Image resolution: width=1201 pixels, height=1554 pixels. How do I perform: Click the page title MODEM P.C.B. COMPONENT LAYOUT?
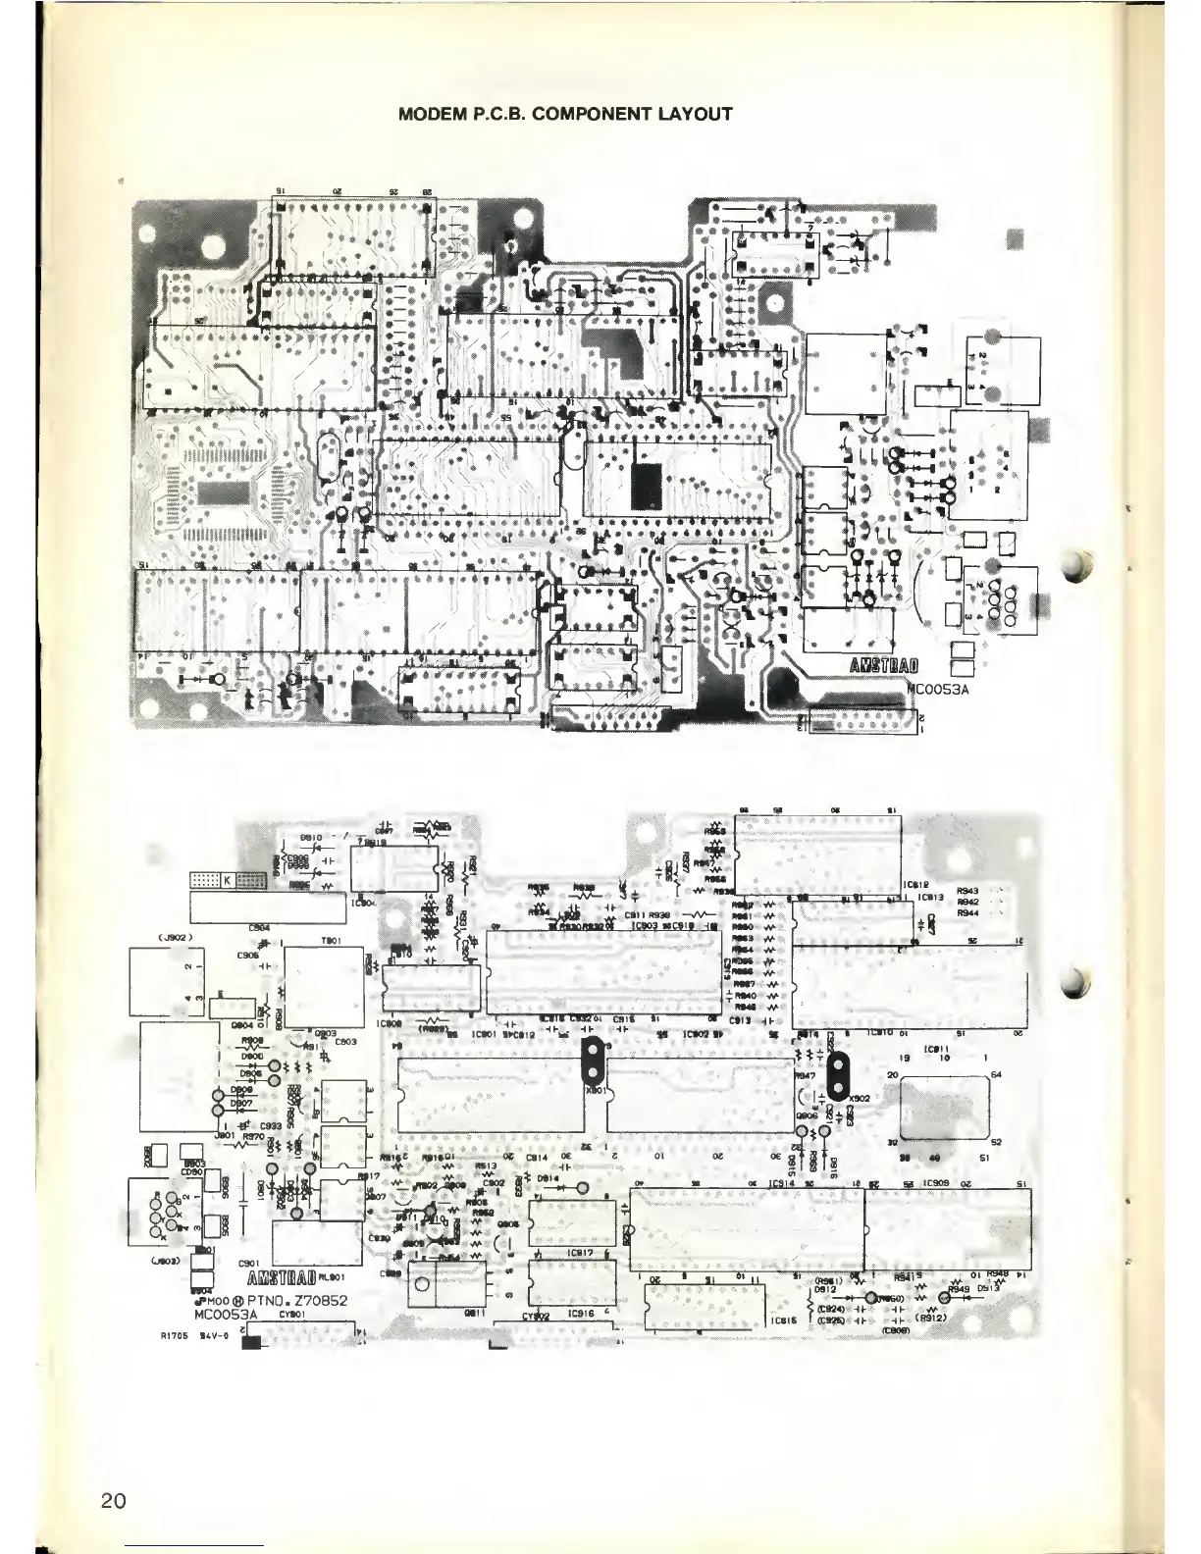coord(566,114)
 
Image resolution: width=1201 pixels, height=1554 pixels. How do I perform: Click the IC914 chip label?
coord(782,1185)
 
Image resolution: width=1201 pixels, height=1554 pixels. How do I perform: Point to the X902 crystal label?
coord(860,1097)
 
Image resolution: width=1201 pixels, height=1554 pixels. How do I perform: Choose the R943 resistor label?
coord(968,891)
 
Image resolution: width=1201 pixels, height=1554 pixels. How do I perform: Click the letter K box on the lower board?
coord(227,881)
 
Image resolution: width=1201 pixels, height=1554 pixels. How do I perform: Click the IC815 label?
coord(782,1320)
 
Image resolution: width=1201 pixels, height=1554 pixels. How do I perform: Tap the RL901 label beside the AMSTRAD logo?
coord(330,1277)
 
